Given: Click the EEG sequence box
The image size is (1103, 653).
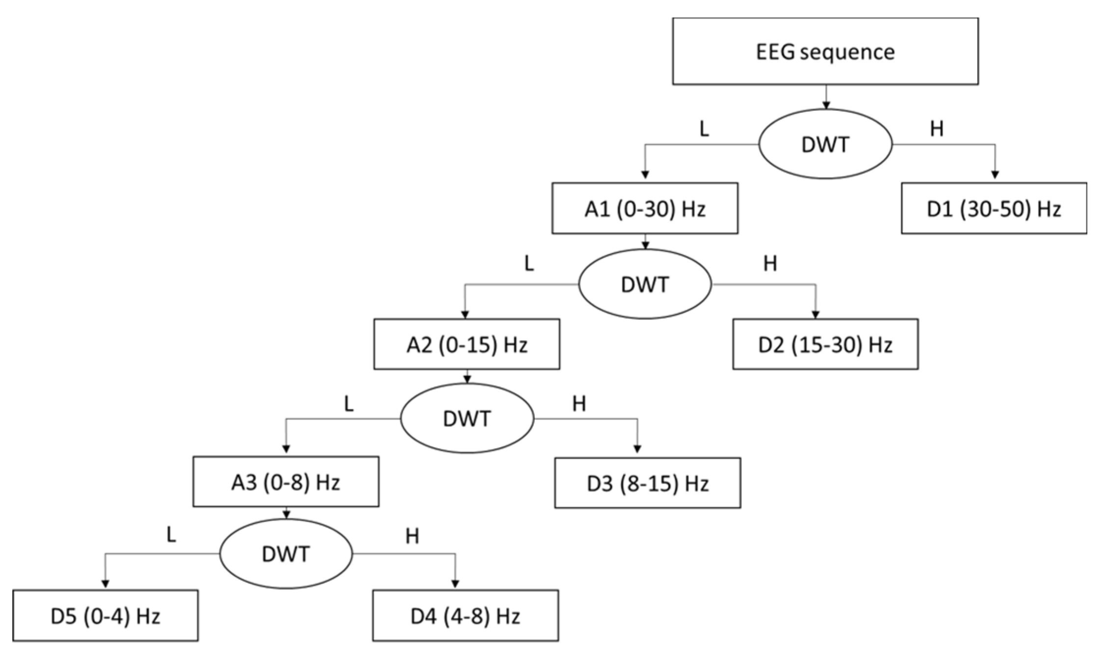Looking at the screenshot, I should click(825, 52).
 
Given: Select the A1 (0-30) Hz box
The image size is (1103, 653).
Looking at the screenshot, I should click(644, 209).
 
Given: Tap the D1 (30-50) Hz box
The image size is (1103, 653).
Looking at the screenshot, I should click(994, 209).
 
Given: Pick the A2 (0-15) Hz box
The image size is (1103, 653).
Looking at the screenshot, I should click(466, 344).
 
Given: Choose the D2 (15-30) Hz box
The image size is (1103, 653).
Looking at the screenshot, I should click(825, 344).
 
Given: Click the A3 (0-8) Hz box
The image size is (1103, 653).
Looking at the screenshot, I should click(286, 482).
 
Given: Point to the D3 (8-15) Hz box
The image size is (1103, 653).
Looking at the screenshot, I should click(647, 483).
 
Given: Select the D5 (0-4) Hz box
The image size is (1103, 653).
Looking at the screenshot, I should click(105, 616).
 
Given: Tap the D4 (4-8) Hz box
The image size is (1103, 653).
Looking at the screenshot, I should click(465, 616).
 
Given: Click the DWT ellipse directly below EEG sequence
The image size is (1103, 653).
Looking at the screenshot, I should click(825, 144).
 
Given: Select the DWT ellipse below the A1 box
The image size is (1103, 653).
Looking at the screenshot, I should click(645, 285).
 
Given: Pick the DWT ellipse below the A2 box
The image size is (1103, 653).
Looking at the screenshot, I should click(467, 418).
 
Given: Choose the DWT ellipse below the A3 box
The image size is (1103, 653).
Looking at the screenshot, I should click(286, 554).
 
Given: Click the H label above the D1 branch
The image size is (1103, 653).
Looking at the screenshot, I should click(936, 129).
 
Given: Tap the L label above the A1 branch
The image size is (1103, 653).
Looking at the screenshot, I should click(704, 129).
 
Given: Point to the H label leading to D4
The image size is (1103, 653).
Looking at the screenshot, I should click(412, 537).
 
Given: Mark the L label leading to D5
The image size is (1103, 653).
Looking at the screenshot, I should click(171, 535).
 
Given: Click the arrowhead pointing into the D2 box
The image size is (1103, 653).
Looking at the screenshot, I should click(816, 315).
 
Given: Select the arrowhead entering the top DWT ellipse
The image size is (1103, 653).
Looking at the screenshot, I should click(826, 105).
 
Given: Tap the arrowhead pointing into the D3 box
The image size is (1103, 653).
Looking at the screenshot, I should click(637, 449).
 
